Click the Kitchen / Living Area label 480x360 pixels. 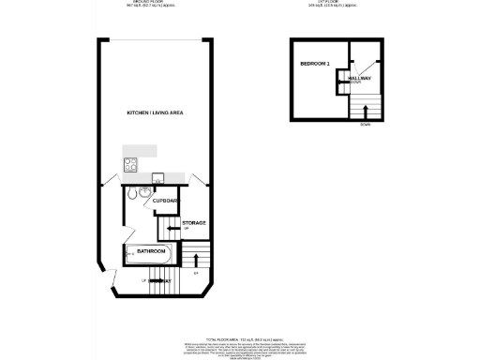click(x=155, y=112)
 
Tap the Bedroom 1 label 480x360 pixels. click(x=312, y=63)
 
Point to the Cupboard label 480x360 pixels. click(x=166, y=201)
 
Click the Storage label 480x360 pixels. click(x=194, y=222)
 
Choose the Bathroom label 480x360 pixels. click(x=151, y=251)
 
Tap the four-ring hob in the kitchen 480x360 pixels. click(x=131, y=165)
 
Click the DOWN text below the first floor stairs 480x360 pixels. click(x=366, y=127)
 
